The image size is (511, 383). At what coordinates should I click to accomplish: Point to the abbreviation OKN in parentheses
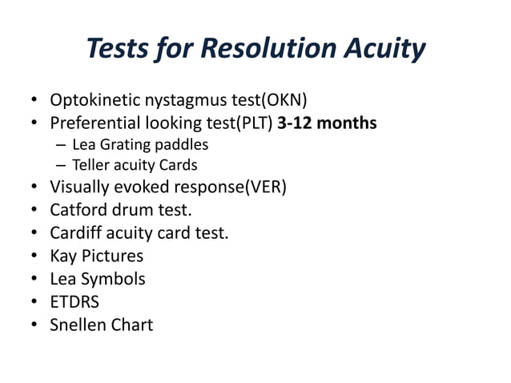[x=284, y=100]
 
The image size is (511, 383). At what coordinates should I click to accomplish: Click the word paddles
[x=181, y=145]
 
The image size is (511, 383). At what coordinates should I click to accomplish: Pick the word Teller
[x=90, y=166]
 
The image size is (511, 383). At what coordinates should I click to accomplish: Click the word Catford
[x=81, y=211]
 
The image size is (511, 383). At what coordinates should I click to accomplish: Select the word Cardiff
[x=78, y=233]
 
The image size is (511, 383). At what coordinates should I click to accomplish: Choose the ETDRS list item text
[x=75, y=302]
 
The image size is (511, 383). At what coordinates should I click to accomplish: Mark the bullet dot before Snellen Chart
[x=35, y=325]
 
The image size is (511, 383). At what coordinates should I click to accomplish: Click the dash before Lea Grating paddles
[x=61, y=146]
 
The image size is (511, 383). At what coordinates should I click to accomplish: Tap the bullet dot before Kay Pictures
[x=35, y=257]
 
